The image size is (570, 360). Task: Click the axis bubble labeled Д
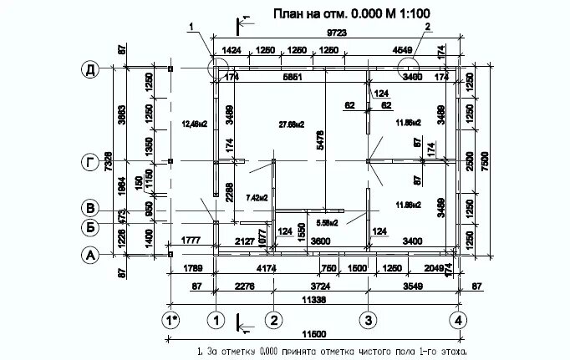(x=89, y=69)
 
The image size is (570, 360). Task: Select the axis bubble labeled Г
(x=89, y=161)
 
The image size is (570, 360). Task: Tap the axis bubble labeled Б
(x=89, y=226)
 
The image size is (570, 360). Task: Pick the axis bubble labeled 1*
(x=170, y=320)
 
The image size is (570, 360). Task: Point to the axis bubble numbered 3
(x=366, y=320)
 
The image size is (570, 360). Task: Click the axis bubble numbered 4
(x=457, y=320)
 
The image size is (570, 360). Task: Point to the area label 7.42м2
(x=256, y=198)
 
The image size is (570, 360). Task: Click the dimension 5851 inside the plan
(x=293, y=79)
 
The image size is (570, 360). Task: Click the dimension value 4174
(x=267, y=269)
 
